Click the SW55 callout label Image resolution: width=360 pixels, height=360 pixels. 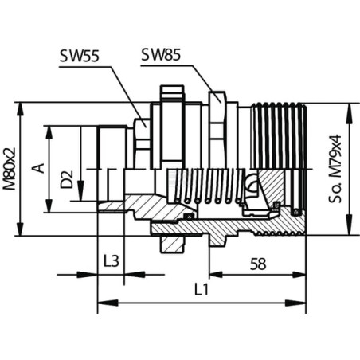pyautogui.click(x=79, y=56)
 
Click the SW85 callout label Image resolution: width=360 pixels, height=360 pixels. pyautogui.click(x=161, y=54)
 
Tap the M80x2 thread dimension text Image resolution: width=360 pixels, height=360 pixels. pyautogui.click(x=10, y=169)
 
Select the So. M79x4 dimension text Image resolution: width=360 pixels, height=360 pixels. pyautogui.click(x=335, y=169)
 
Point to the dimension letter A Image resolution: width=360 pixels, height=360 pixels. pyautogui.click(x=38, y=168)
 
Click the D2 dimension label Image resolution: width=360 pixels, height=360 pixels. pyautogui.click(x=66, y=179)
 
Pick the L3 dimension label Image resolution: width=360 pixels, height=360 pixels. pyautogui.click(x=112, y=261)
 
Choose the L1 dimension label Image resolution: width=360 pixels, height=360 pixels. pyautogui.click(x=202, y=289)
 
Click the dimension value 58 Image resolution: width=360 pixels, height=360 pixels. pyautogui.click(x=258, y=264)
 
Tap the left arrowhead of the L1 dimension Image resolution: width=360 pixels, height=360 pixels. pyautogui.click(x=108, y=303)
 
